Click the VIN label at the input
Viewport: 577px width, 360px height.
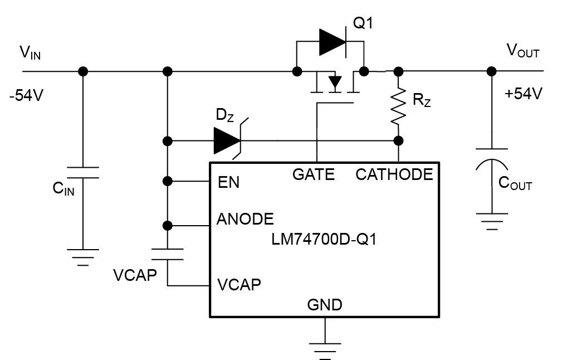pos(30,53)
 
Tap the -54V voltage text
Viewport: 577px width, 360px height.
pos(26,95)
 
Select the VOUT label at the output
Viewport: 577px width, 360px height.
pos(522,51)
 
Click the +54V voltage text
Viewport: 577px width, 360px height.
pos(523,94)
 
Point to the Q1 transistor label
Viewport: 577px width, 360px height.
pos(363,25)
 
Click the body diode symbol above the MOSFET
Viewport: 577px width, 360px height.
pos(332,42)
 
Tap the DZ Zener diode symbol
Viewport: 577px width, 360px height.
pos(228,140)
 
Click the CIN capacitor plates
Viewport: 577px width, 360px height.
pos(83,172)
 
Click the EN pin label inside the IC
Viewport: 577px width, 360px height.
pos(228,182)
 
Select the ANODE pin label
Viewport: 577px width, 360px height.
pos(245,218)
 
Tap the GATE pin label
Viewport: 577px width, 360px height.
pos(314,175)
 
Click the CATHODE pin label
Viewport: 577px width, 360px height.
pos(394,175)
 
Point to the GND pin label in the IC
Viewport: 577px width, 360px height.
pos(325,305)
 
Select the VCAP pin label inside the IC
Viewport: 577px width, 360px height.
pos(239,285)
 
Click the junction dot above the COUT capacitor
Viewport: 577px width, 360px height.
pos(491,71)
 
